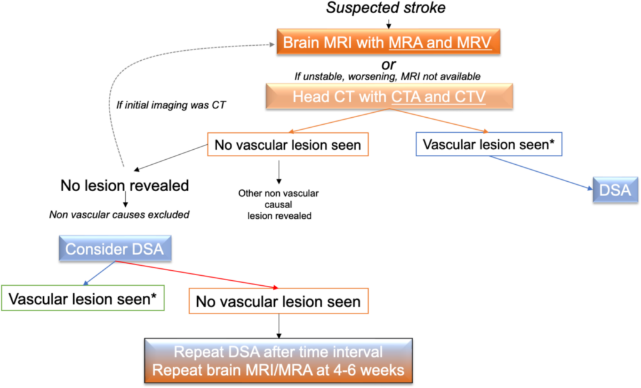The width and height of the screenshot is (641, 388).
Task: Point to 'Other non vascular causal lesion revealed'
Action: [279, 204]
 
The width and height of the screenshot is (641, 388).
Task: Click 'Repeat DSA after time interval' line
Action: [278, 352]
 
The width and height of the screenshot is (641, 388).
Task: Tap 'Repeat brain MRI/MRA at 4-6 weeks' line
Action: [278, 370]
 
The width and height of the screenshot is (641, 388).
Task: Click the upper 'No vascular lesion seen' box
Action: [287, 145]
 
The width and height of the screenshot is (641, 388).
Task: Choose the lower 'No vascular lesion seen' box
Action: [278, 301]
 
